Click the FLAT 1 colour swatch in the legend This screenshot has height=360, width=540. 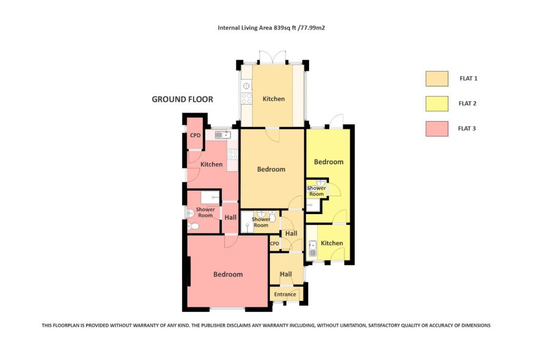click(x=437, y=79)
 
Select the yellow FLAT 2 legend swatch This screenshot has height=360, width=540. click(x=437, y=104)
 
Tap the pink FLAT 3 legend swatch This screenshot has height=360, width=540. click(x=437, y=129)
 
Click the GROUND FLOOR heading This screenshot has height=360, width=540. click(x=182, y=99)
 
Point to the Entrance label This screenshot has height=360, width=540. click(x=285, y=294)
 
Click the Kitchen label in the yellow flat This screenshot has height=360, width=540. click(x=332, y=243)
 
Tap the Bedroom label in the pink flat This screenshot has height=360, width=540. click(x=228, y=274)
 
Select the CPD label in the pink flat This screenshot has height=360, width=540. click(x=195, y=135)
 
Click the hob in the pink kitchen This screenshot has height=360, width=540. click(x=233, y=154)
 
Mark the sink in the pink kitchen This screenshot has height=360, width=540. click(x=223, y=135)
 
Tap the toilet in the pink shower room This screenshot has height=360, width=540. click(x=193, y=226)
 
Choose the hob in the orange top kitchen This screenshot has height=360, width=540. click(x=246, y=98)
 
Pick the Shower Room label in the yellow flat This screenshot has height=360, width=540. click(x=316, y=191)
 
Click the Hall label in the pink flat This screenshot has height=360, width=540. click(x=230, y=217)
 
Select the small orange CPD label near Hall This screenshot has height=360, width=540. click(x=274, y=244)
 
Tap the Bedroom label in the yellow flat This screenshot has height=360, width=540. click(x=329, y=162)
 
